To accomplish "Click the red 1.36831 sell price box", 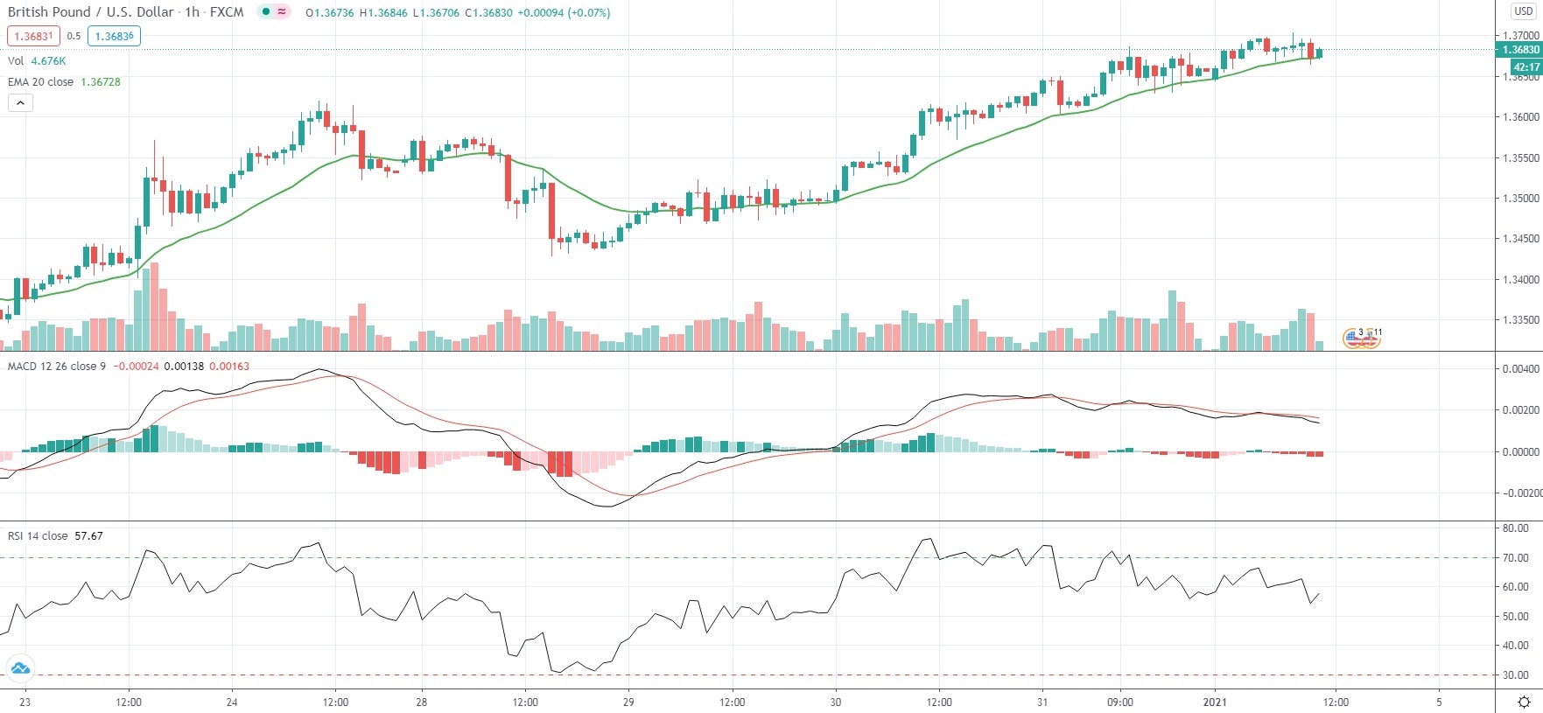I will click(x=33, y=36).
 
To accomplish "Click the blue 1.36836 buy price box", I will click(x=114, y=36).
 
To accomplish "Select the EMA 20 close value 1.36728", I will click(x=101, y=81).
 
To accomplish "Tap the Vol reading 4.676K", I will click(x=48, y=60).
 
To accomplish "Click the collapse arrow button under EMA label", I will click(x=20, y=102).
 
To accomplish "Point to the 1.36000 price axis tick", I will click(x=1520, y=116).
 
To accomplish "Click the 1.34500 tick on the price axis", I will click(x=1520, y=238).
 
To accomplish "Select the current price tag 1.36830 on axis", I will click(x=1520, y=50).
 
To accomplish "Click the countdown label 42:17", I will click(x=1525, y=66).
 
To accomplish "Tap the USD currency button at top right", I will click(x=1523, y=11).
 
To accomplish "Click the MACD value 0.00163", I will click(x=229, y=366).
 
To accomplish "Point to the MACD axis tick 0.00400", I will click(x=1520, y=368).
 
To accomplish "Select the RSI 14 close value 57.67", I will click(x=88, y=535).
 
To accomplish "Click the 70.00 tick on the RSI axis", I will click(x=1515, y=557).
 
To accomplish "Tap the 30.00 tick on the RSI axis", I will click(x=1515, y=675).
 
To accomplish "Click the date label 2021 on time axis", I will click(x=1215, y=702).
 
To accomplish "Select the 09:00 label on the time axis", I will click(x=1119, y=702).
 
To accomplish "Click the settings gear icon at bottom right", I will click(x=1524, y=702).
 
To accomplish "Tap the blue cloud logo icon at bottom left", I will click(x=19, y=668).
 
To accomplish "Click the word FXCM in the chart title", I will click(x=227, y=12).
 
